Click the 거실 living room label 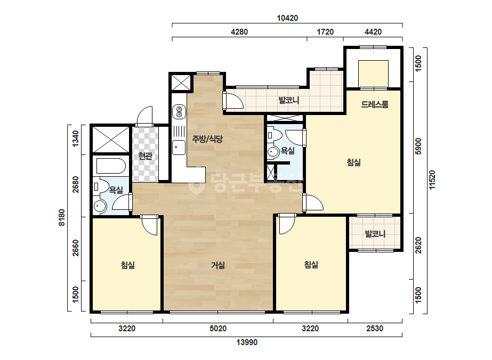pyautogui.click(x=218, y=265)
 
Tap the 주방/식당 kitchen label pyautogui.click(x=207, y=139)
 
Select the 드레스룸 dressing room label pyautogui.click(x=374, y=104)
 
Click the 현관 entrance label pyautogui.click(x=146, y=155)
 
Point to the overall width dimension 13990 pyautogui.click(x=247, y=342)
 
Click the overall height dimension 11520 pyautogui.click(x=432, y=179)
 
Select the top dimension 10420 pyautogui.click(x=287, y=18)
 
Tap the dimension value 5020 pyautogui.click(x=218, y=329)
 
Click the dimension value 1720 pyautogui.click(x=325, y=31)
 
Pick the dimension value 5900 pyautogui.click(x=418, y=146)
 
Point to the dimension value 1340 pyautogui.click(x=76, y=139)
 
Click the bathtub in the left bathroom pyautogui.click(x=111, y=166)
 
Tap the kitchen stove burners pyautogui.click(x=179, y=112)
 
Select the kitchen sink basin pyautogui.click(x=179, y=148)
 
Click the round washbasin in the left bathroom pyautogui.click(x=100, y=206)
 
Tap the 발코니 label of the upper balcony pyautogui.click(x=289, y=100)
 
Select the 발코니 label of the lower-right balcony pyautogui.click(x=375, y=234)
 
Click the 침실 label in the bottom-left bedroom pyautogui.click(x=128, y=265)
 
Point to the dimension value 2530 pyautogui.click(x=375, y=329)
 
